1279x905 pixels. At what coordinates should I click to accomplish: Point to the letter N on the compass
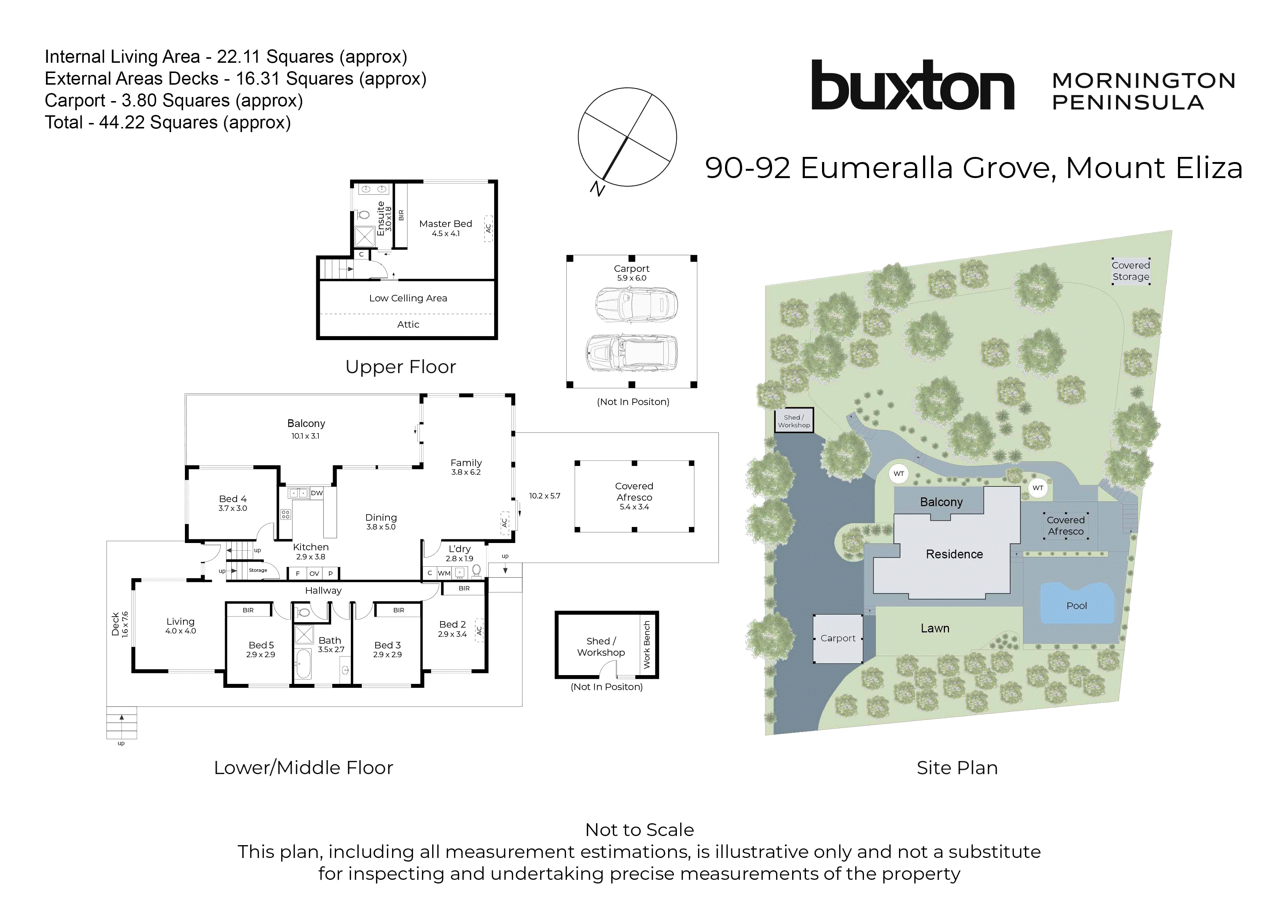(597, 189)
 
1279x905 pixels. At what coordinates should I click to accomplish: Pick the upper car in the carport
(636, 304)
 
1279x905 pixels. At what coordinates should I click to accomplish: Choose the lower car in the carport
(632, 353)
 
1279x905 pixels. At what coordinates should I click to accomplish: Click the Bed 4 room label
(232, 499)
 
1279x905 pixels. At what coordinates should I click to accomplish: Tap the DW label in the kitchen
(317, 493)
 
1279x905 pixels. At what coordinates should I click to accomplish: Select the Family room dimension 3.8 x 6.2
(466, 472)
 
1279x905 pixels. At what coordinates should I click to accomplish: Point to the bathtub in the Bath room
(303, 664)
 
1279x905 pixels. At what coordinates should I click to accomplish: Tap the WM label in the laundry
(444, 573)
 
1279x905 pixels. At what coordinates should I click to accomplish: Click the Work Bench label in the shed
(647, 644)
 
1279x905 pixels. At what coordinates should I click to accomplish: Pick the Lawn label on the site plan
(935, 628)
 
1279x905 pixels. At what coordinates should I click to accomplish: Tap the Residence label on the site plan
(954, 554)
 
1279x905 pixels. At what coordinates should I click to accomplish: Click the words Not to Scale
(640, 830)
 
